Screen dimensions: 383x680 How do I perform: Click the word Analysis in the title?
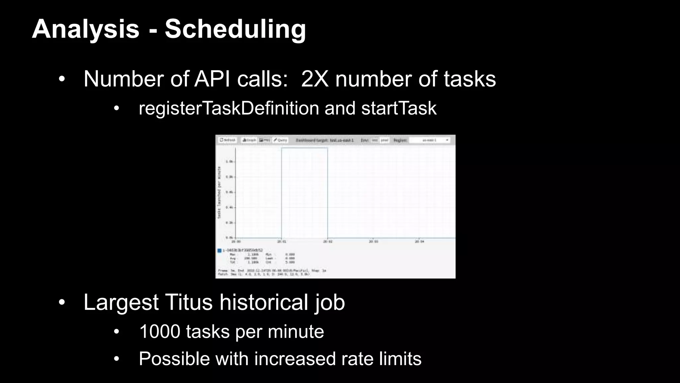tap(85, 29)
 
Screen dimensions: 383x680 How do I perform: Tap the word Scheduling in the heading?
tap(235, 29)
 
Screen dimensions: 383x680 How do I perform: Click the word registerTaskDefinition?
tap(229, 108)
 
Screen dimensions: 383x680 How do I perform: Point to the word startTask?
tap(399, 108)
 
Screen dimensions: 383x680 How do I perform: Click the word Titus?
tap(188, 302)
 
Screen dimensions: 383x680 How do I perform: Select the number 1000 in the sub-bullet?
tap(160, 331)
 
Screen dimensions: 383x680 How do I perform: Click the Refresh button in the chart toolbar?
tap(228, 140)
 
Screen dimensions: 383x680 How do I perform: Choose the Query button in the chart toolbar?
tap(281, 140)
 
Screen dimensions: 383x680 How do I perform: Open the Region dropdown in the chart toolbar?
tap(430, 140)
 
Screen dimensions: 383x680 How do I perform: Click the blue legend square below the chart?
tap(219, 250)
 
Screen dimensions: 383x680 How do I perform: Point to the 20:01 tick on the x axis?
tap(282, 242)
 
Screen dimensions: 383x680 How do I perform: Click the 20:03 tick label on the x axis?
tap(374, 242)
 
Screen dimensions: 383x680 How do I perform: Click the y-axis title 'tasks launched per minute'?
tap(219, 192)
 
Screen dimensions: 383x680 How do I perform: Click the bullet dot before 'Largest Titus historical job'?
tap(61, 303)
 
